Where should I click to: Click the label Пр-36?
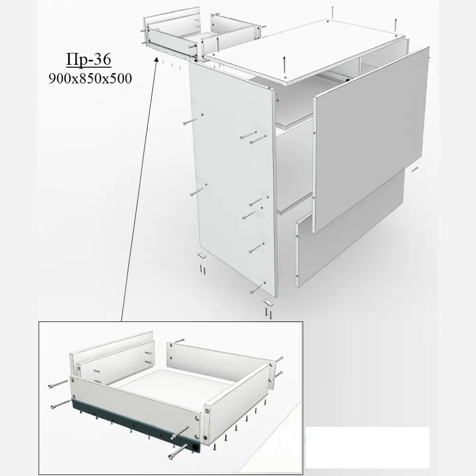click(89, 59)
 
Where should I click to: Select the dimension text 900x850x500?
click(90, 79)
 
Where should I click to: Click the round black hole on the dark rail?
click(196, 447)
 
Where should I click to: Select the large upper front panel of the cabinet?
click(370, 139)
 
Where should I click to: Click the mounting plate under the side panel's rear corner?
click(201, 254)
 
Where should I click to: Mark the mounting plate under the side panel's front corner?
click(268, 302)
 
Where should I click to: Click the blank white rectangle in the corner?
click(367, 447)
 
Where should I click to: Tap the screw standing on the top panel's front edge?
click(284, 65)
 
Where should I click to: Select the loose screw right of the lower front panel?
click(415, 169)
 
